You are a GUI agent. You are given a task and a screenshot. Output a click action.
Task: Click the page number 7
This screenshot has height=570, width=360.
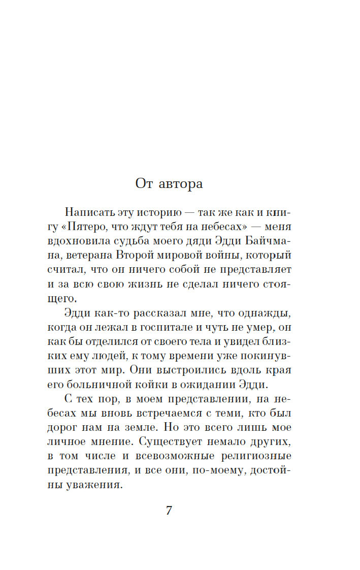click(169, 511)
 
